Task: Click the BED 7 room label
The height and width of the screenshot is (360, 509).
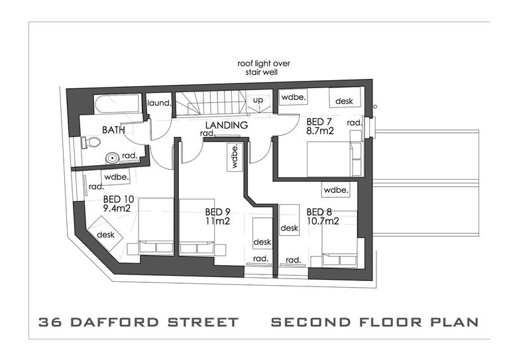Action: coord(319,122)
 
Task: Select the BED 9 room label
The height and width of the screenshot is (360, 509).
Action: coord(217,213)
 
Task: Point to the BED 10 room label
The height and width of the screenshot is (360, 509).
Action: coord(118,198)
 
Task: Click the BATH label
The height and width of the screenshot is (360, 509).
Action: coord(113,131)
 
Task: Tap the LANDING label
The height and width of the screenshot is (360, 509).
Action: coord(226,125)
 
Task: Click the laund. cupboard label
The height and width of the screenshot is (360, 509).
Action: coord(159,103)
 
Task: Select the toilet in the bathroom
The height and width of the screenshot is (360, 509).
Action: coord(91,142)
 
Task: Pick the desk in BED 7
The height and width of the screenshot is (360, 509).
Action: coord(344,101)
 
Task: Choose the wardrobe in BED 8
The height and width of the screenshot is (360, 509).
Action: coord(336,190)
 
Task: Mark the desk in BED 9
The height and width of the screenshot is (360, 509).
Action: coord(262,242)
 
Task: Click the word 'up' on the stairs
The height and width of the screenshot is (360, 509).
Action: coord(258,100)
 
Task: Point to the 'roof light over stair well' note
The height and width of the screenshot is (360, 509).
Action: coord(264,68)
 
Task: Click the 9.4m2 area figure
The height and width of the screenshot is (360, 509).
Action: coord(117,208)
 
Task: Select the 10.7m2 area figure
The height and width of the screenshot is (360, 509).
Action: coord(323,221)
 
